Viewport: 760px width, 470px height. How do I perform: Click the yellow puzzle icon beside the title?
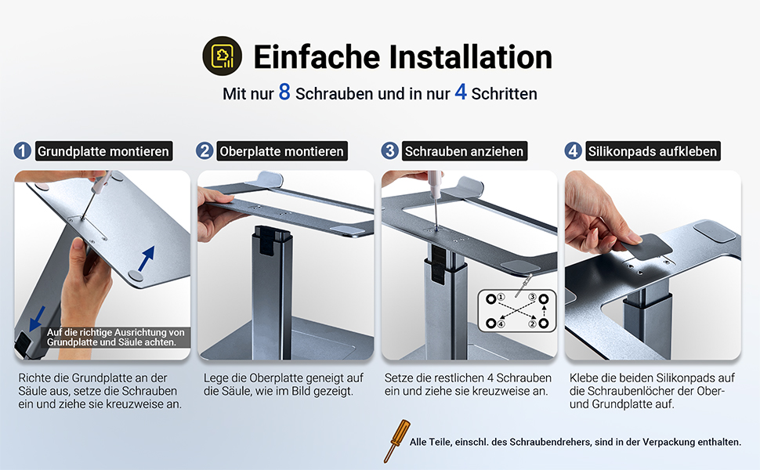(x=222, y=56)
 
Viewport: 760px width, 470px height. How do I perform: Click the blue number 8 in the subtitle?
(x=284, y=92)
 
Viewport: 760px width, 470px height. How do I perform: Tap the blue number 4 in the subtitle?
(x=461, y=92)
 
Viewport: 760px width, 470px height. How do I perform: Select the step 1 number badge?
(x=22, y=150)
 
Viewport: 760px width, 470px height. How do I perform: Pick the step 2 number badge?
(x=204, y=150)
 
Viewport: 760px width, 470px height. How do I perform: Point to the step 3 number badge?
(x=389, y=150)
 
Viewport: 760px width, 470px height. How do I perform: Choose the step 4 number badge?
(x=573, y=150)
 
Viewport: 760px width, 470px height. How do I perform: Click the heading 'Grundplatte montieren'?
(x=103, y=151)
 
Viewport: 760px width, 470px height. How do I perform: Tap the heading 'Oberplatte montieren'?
(x=281, y=151)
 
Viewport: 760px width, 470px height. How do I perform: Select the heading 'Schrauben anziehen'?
(x=465, y=151)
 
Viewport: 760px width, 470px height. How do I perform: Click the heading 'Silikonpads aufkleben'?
(x=653, y=151)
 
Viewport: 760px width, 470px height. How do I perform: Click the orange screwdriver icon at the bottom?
(x=396, y=441)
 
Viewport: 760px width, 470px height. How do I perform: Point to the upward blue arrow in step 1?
(x=147, y=258)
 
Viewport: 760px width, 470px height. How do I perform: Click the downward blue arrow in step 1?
(x=37, y=318)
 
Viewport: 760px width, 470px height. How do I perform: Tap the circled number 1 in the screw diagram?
(x=501, y=297)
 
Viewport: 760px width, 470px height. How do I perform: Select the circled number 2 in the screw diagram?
(x=532, y=324)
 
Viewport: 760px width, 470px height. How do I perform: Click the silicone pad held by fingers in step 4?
(x=646, y=247)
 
